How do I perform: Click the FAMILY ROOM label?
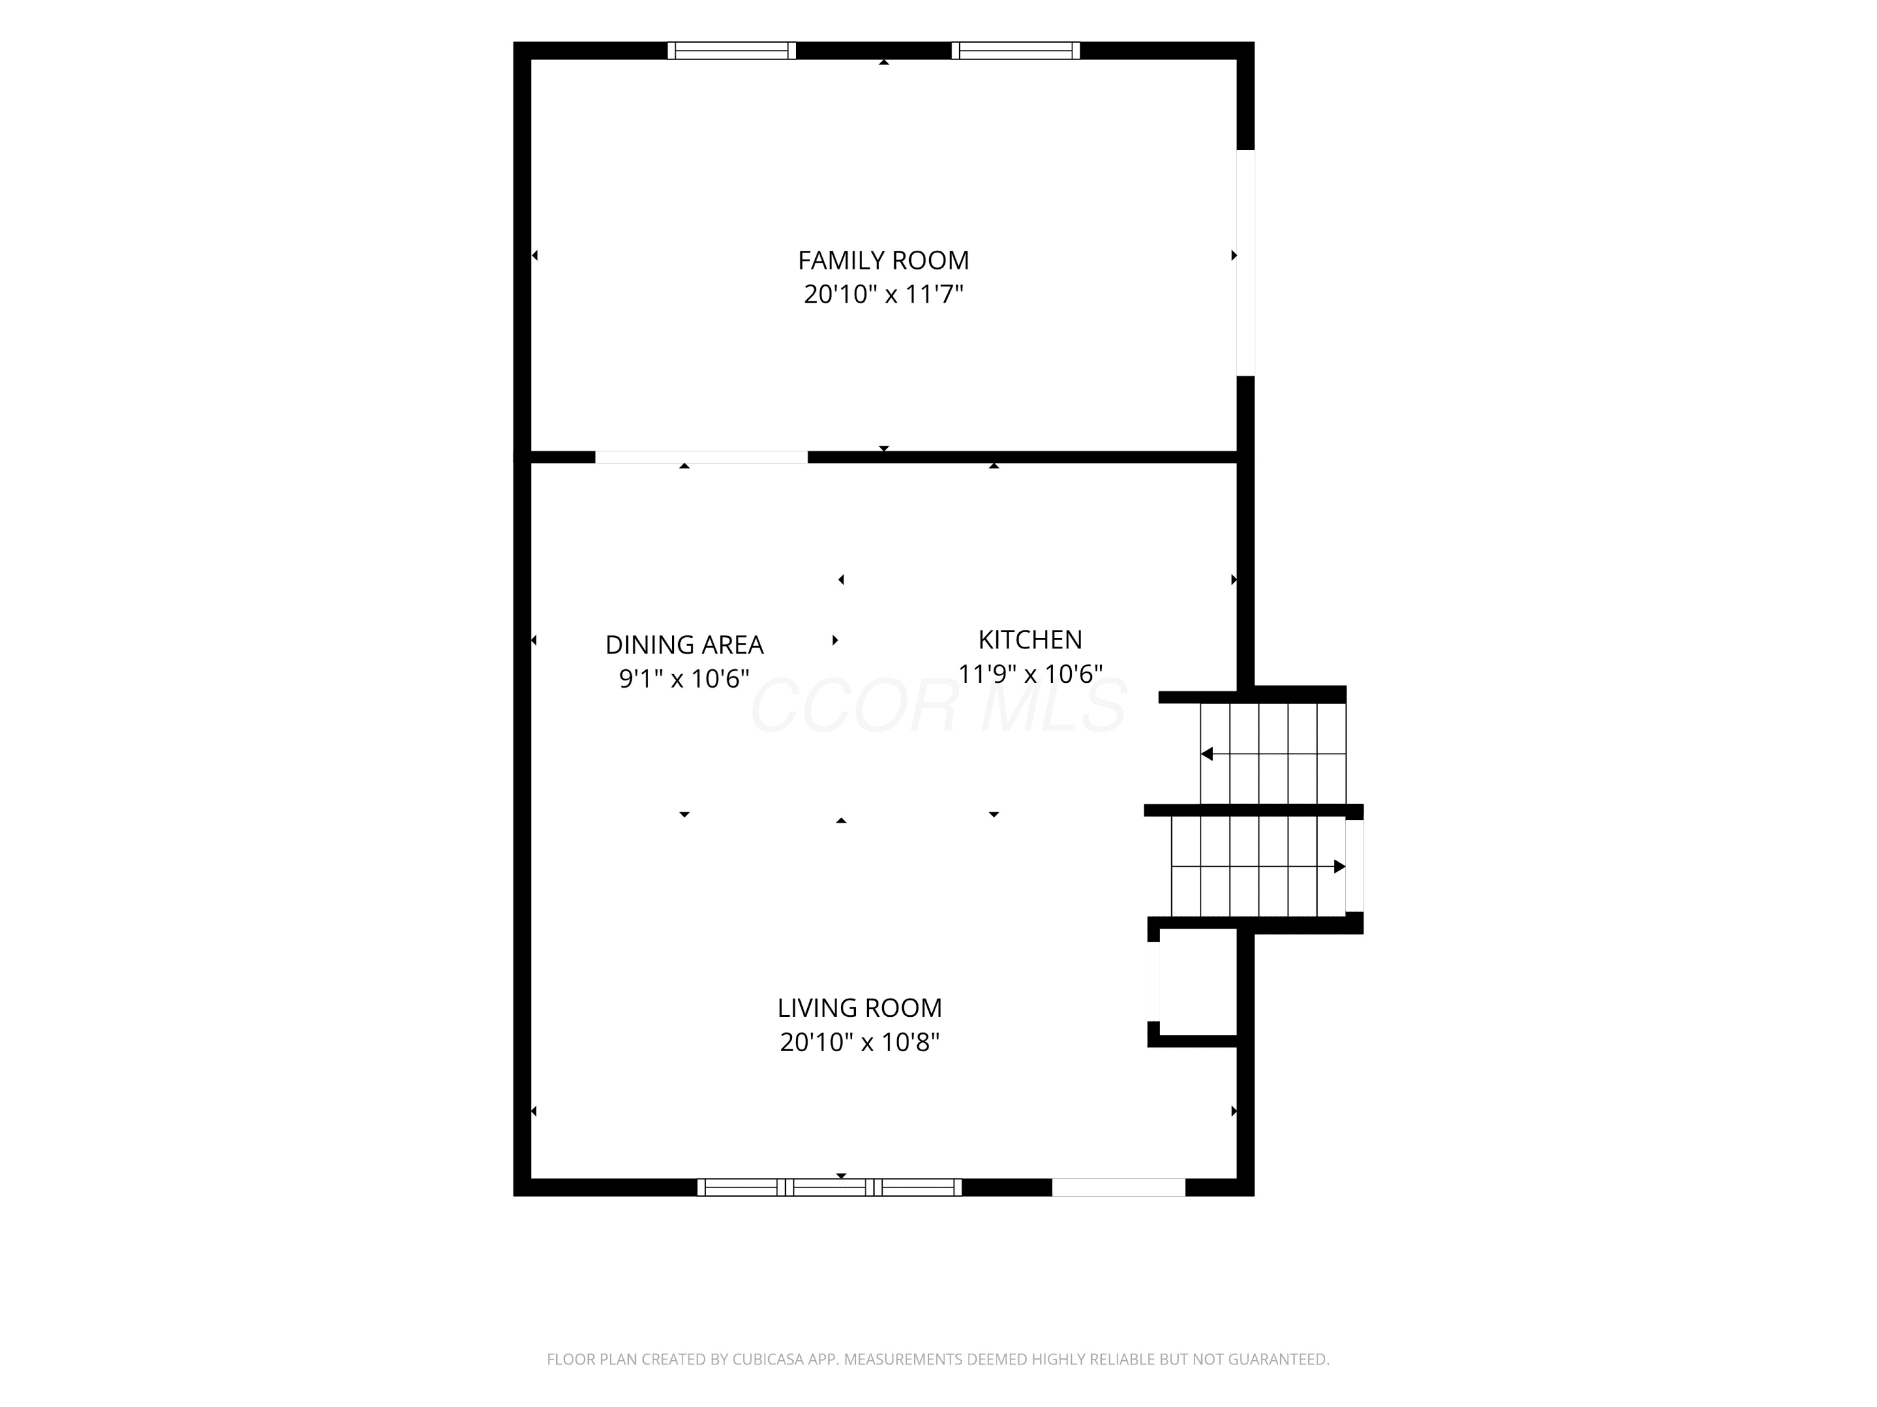click(883, 260)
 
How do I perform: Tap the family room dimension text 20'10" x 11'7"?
click(883, 295)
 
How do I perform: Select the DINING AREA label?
click(684, 645)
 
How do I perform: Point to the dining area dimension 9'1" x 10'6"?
click(684, 678)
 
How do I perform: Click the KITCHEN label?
click(1030, 640)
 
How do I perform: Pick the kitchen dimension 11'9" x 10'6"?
click(1030, 673)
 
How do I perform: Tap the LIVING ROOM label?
click(860, 1007)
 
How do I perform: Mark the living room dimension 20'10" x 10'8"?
click(860, 1041)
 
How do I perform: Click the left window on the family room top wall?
click(731, 51)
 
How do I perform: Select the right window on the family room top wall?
click(1015, 51)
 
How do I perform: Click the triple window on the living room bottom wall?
click(829, 1188)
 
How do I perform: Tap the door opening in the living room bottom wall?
click(1119, 1188)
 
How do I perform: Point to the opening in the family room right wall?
click(1246, 263)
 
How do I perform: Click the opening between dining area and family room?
click(701, 457)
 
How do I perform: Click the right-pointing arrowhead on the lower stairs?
click(1340, 866)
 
